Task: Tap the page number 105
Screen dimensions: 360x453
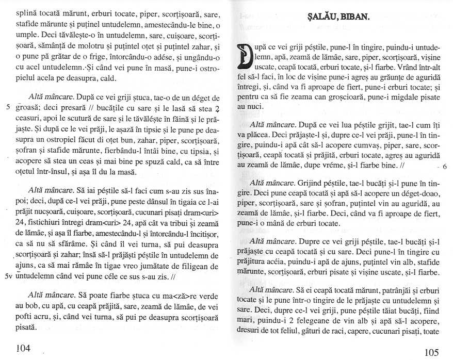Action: point(432,352)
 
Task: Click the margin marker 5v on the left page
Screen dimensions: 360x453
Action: point(8,276)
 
